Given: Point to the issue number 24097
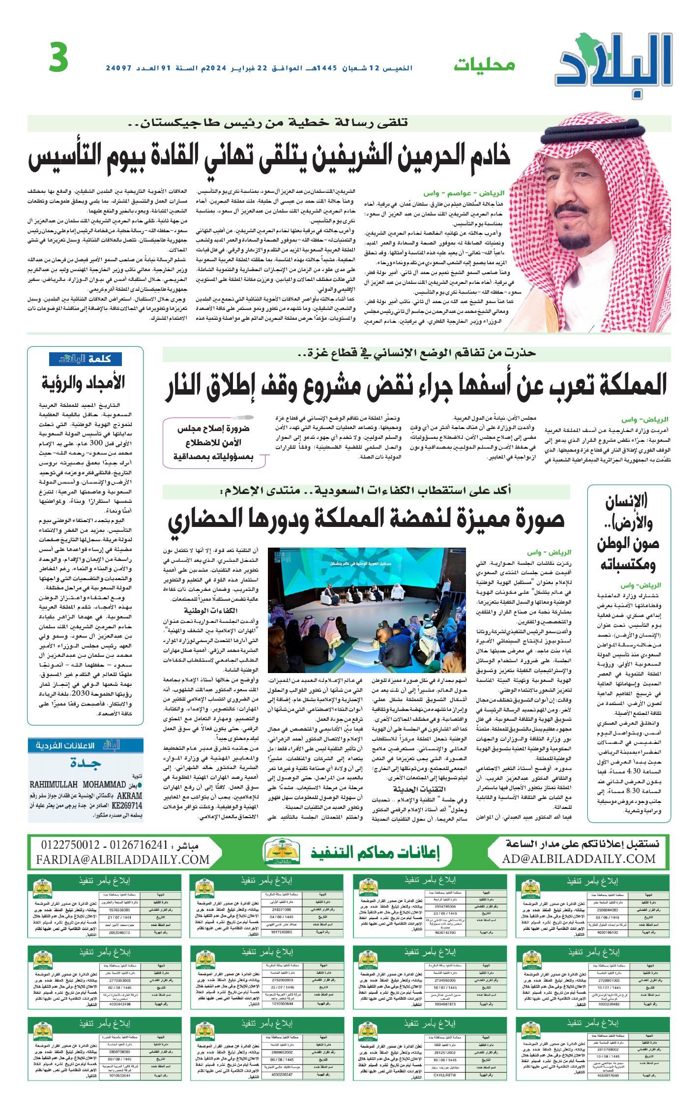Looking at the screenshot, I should tap(121, 67).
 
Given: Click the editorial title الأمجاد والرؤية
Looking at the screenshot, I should tap(97, 382).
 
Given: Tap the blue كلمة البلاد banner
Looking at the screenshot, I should tap(86, 359).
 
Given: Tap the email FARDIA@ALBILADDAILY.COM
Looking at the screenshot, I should tap(123, 859).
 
